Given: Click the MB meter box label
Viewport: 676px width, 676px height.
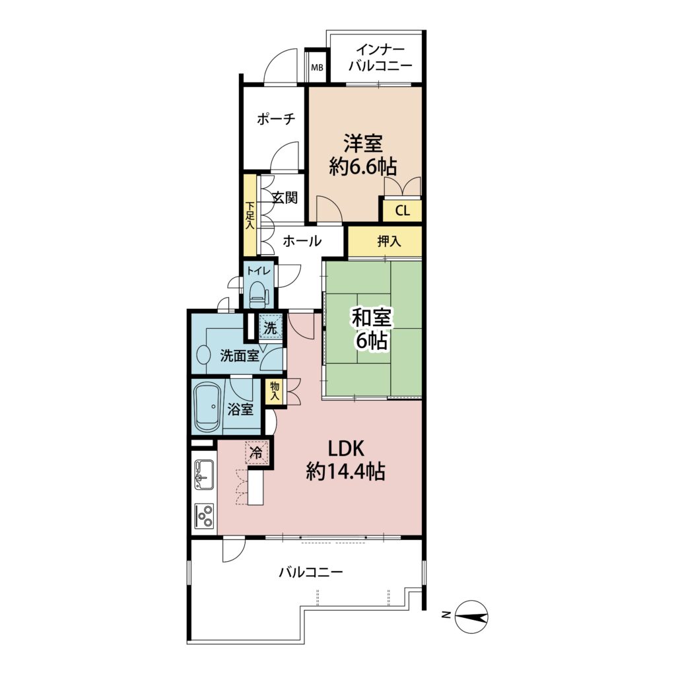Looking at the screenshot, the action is point(318,68).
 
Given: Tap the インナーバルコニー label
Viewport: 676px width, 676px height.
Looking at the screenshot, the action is point(380,59).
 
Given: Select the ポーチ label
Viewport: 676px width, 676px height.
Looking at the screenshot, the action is point(277,119).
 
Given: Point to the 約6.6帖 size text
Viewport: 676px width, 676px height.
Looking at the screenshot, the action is point(362,166).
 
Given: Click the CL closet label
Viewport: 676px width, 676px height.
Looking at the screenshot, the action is point(402,211).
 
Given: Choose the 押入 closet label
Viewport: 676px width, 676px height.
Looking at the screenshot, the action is point(389,242).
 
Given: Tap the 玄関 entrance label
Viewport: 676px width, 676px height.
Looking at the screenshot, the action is point(285,198).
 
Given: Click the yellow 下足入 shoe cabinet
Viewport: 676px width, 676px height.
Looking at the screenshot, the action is point(250,215).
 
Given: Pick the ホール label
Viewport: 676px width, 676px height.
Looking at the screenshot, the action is point(302,241).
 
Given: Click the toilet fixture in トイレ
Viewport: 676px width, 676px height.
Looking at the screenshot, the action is point(258,294).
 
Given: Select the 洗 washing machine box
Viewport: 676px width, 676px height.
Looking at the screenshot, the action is point(271,327).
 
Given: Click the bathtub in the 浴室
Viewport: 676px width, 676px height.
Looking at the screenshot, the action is point(208,407).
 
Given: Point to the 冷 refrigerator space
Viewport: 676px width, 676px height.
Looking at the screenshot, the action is point(257,452).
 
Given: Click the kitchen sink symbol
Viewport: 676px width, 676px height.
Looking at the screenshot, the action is point(204,475).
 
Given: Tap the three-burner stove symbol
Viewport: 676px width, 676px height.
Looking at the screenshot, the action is point(204,516).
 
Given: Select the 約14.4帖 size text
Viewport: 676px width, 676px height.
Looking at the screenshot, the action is point(345,471).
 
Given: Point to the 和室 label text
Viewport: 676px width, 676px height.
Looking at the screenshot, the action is point(371,320).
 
